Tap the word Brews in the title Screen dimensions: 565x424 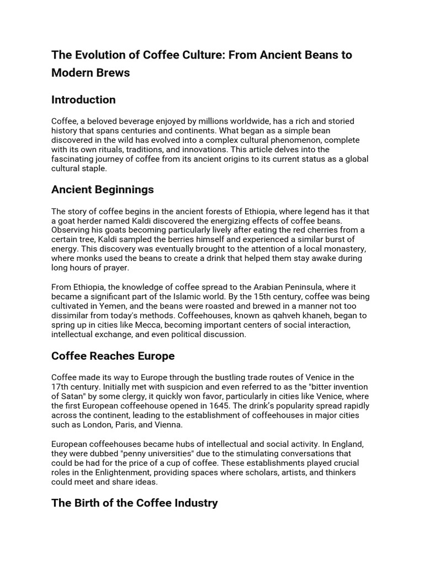click(x=113, y=72)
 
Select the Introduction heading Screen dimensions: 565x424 click(x=83, y=100)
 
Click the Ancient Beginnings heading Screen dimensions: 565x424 click(x=102, y=190)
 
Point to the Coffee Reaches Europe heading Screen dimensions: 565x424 click(x=113, y=356)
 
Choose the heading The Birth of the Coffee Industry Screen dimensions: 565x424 click(x=134, y=503)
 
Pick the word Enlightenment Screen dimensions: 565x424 click(x=130, y=472)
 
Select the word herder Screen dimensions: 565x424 click(x=87, y=221)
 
